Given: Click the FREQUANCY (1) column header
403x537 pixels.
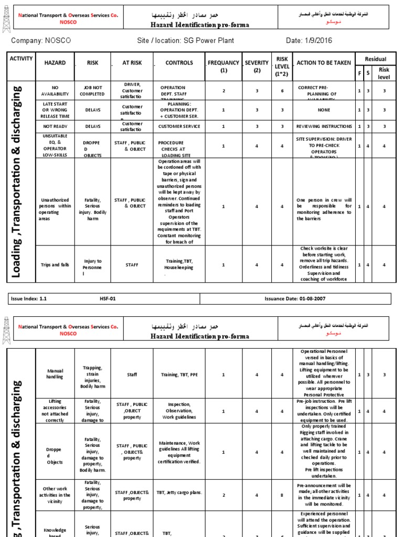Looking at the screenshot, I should click(224, 66).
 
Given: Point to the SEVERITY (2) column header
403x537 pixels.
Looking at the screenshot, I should click(257, 66).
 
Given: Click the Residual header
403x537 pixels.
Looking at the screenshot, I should click(375, 59).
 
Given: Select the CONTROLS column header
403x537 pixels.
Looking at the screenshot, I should click(179, 63).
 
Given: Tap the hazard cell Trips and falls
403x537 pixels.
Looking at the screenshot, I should click(55, 265).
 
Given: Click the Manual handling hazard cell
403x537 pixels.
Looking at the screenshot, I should click(55, 374).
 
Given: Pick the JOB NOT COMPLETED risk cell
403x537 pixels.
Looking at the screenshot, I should click(92, 91).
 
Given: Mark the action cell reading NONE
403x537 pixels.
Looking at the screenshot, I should click(324, 110).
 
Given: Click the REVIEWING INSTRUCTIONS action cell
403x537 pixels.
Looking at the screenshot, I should click(324, 126).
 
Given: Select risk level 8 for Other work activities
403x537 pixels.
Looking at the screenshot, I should click(282, 495).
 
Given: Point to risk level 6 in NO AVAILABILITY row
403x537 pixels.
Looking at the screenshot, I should click(282, 91).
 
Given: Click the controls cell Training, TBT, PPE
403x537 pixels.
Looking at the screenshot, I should click(179, 374).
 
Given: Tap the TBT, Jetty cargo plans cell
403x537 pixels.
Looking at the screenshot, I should click(179, 492).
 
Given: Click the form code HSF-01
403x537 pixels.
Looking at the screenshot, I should click(108, 298).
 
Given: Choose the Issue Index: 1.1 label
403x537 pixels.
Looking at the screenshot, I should click(29, 298).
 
